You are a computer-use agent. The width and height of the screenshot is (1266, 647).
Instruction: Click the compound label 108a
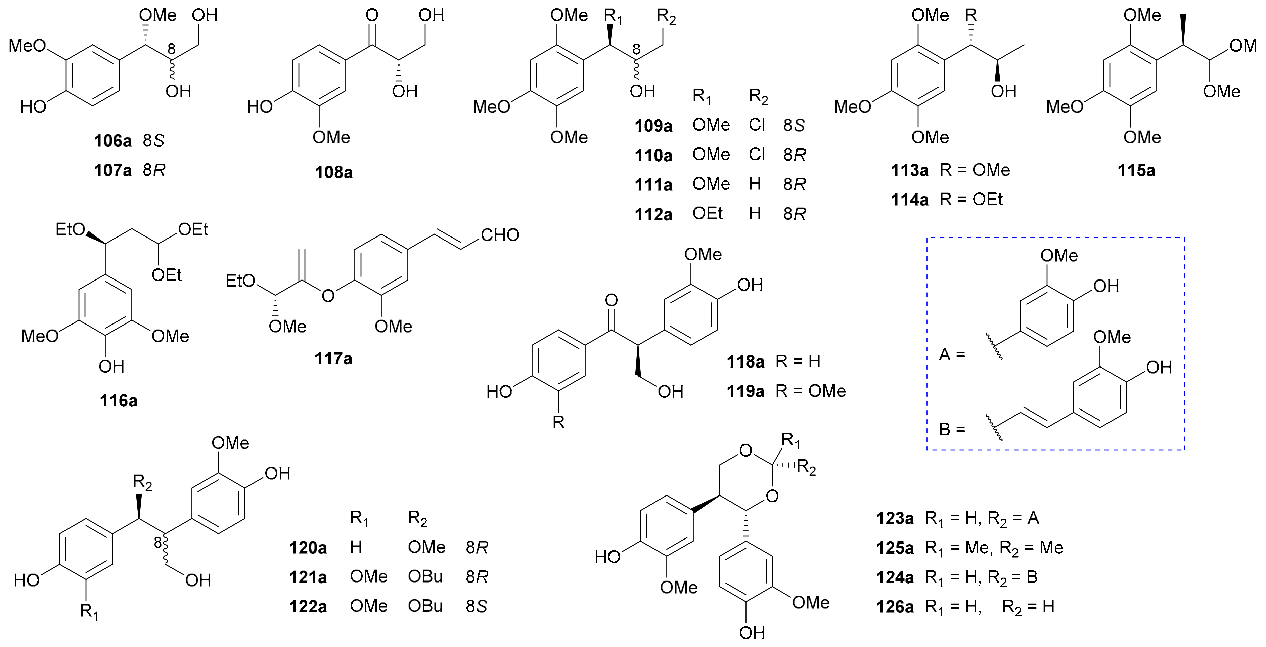(x=334, y=173)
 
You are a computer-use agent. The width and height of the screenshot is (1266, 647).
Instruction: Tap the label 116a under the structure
(x=119, y=401)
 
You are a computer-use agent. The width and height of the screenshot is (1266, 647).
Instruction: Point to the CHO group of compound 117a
(x=499, y=235)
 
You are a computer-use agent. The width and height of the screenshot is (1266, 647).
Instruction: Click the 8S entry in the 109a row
(x=794, y=125)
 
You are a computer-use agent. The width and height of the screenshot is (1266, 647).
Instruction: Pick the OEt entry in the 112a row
(x=707, y=213)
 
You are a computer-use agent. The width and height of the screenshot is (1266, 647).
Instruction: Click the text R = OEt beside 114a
(x=970, y=200)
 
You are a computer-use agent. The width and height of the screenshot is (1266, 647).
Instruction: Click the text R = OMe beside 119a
(x=810, y=391)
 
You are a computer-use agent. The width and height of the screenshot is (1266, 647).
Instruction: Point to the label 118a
(x=745, y=362)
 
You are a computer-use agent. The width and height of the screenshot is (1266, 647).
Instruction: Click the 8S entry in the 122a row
(x=476, y=606)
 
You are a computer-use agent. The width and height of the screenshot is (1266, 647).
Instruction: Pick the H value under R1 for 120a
(x=356, y=547)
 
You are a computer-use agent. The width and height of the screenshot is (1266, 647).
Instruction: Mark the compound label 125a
(x=895, y=548)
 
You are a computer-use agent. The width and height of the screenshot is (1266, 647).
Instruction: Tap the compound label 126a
(x=895, y=607)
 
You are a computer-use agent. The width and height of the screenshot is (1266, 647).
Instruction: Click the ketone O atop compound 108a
(x=372, y=16)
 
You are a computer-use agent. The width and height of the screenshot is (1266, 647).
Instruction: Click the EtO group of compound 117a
(x=240, y=281)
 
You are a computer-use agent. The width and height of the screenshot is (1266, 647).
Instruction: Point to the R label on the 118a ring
(x=558, y=422)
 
